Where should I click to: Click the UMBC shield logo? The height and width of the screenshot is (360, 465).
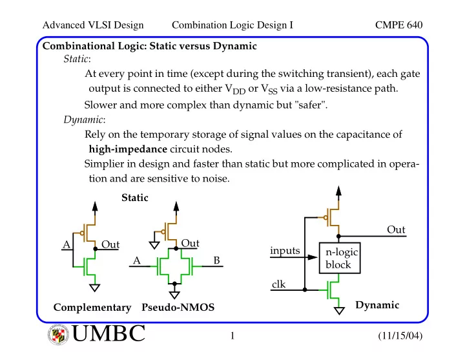(58, 335)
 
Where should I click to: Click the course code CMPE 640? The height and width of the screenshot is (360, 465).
(398, 25)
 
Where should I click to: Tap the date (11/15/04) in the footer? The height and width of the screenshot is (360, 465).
(400, 335)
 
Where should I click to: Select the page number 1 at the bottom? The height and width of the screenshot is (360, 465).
(232, 335)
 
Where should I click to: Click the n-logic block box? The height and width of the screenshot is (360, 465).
(340, 258)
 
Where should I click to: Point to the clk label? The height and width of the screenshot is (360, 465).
(278, 284)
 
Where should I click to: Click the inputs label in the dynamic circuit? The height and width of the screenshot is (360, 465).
(285, 251)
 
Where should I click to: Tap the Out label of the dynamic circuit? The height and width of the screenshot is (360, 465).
(396, 229)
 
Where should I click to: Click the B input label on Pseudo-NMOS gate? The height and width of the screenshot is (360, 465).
(217, 260)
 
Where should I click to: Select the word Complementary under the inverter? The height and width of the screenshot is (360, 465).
(92, 308)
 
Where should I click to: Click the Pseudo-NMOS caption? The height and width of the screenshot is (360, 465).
(178, 307)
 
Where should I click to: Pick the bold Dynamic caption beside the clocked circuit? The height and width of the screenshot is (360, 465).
(377, 306)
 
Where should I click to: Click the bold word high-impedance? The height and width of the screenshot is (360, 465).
(128, 149)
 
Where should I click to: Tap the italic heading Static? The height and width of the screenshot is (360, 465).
(77, 59)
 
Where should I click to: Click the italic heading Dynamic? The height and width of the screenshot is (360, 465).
(85, 120)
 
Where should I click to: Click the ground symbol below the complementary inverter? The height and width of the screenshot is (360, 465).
(94, 288)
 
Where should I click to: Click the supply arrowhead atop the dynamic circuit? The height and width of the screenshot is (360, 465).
(338, 191)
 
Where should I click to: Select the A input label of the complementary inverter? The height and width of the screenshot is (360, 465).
(67, 244)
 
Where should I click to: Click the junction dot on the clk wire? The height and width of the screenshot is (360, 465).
(305, 290)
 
